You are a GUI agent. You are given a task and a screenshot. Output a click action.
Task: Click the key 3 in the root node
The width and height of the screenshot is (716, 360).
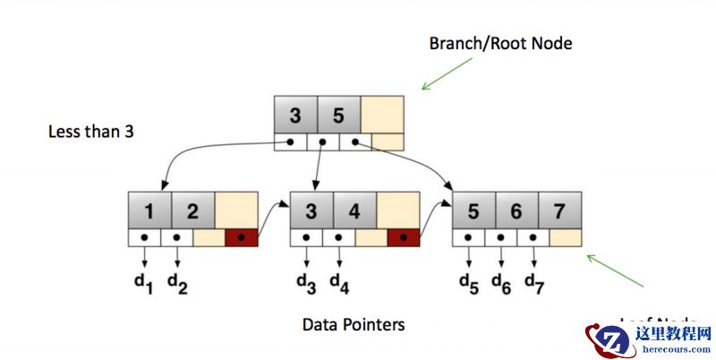(x=295, y=116)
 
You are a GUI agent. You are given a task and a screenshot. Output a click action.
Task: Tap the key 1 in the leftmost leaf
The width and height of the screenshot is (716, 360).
(x=150, y=211)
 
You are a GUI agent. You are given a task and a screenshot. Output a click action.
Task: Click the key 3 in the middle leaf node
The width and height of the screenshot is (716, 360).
(x=311, y=211)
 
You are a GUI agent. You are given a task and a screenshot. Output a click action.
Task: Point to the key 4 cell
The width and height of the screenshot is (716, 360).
(x=354, y=211)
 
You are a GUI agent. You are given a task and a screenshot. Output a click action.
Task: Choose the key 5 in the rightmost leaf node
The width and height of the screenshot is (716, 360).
(x=474, y=211)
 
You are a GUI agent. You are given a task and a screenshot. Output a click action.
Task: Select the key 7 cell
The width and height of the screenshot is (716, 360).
(x=560, y=211)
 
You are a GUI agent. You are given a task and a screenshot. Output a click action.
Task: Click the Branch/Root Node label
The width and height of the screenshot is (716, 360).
(x=500, y=43)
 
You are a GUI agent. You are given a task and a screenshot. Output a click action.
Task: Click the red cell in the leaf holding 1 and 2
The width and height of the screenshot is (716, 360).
(x=242, y=239)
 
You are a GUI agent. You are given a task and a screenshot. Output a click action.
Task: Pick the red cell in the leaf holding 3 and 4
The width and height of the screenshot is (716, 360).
(x=403, y=239)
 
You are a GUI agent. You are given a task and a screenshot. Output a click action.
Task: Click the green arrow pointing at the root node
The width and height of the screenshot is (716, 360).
(x=447, y=73)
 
